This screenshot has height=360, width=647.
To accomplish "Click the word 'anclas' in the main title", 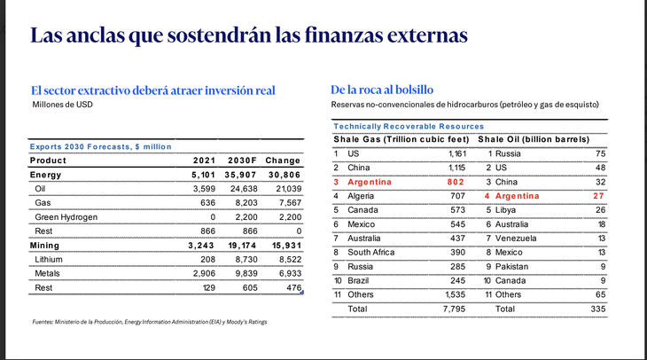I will (x=97, y=36).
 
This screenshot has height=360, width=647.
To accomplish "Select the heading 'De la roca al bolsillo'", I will (x=382, y=90).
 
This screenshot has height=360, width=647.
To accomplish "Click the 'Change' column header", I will (x=285, y=160).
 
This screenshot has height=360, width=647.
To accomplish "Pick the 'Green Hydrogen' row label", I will (x=66, y=216).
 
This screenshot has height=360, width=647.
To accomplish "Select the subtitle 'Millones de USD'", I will (x=62, y=105).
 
